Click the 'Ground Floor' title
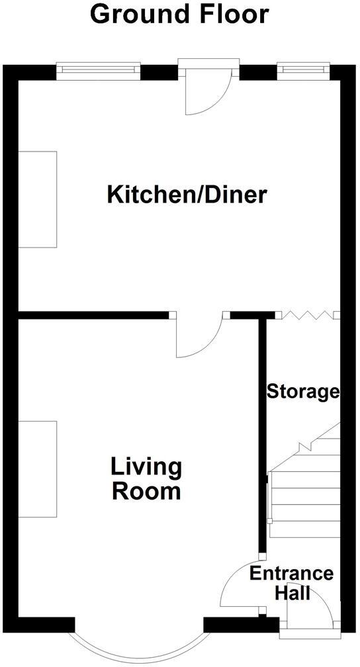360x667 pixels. (179, 15)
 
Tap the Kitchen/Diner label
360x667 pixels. (187, 195)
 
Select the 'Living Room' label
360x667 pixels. (146, 479)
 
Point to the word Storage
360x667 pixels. (302, 392)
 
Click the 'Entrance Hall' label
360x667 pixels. (291, 582)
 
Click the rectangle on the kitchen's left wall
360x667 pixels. (37, 199)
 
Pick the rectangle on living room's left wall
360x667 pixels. (37, 468)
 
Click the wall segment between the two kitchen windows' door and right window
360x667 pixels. (257, 71)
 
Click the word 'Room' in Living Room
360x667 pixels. (146, 492)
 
